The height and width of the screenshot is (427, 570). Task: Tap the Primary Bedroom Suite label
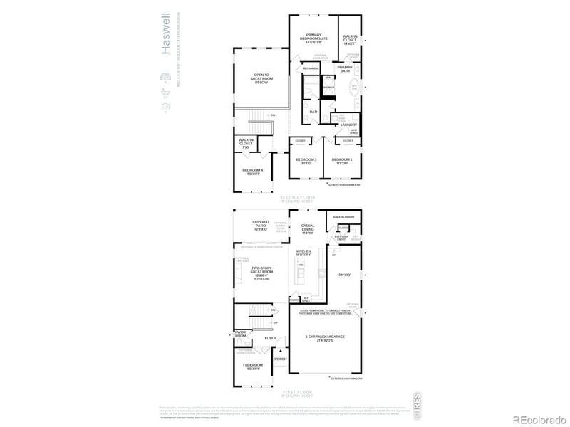[314, 38]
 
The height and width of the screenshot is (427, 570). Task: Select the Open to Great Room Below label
[261, 78]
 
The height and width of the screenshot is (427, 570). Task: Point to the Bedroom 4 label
[252, 171]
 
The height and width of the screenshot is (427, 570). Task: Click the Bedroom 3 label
[306, 161]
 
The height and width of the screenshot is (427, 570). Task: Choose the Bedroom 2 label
[342, 161]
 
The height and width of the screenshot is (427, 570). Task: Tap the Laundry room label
[348, 125]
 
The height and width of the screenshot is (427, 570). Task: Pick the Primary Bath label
[345, 69]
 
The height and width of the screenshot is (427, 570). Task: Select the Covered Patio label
[260, 225]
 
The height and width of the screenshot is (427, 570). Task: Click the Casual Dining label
[308, 228]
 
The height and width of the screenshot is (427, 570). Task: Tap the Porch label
[281, 359]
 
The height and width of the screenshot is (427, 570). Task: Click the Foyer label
[270, 338]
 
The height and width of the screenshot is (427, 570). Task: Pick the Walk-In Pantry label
[343, 215]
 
